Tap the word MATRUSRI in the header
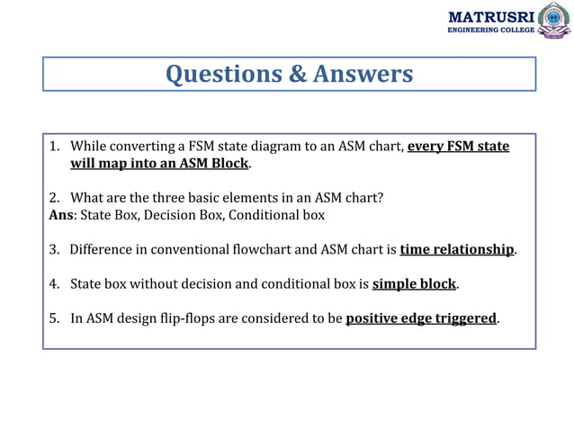[490, 16]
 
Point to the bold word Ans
[61, 215]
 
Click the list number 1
[54, 147]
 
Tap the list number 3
[54, 249]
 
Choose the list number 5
[54, 318]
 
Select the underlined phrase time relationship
[457, 249]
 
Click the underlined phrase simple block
[415, 284]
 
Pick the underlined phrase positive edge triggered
[421, 318]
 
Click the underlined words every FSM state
[459, 147]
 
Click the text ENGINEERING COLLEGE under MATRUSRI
[490, 30]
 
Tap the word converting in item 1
[141, 147]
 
